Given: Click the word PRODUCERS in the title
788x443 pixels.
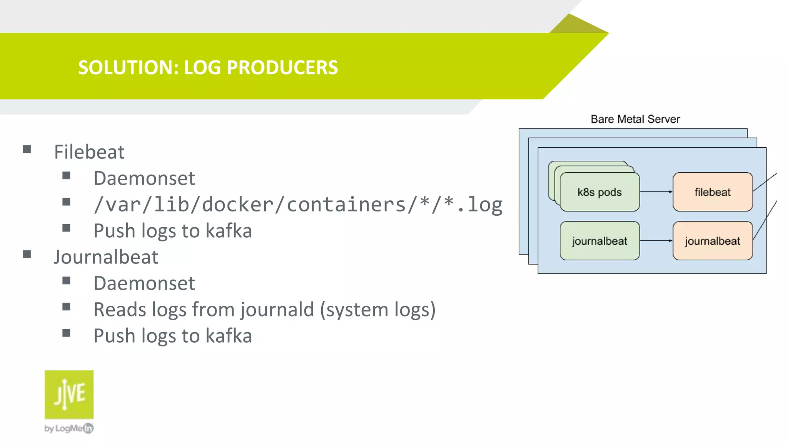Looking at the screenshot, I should click(x=282, y=68).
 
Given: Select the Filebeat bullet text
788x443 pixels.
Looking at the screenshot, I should click(x=89, y=152).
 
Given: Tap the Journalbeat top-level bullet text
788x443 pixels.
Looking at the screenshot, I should click(x=106, y=257).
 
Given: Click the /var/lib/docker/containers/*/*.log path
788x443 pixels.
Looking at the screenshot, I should click(x=298, y=205).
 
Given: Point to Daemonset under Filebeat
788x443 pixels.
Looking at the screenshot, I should click(x=144, y=178).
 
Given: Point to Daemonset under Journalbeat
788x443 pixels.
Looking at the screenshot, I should click(x=144, y=283).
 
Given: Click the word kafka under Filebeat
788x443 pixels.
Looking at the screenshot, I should click(x=229, y=231).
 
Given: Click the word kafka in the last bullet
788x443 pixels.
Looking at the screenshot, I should click(x=229, y=336).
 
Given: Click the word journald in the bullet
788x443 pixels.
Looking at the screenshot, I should click(x=277, y=310).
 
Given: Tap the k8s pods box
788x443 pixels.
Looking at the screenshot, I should click(x=599, y=192).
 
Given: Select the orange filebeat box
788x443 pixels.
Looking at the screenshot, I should click(x=712, y=192).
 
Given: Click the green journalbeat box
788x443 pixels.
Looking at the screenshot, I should click(x=599, y=241).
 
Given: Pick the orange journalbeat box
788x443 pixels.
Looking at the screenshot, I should click(x=712, y=241).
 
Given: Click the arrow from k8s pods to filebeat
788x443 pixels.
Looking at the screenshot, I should click(x=656, y=192).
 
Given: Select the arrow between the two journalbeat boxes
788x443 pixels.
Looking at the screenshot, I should click(x=656, y=241).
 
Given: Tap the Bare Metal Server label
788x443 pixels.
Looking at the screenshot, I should click(x=635, y=119).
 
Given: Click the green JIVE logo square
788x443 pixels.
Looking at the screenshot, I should click(x=69, y=394).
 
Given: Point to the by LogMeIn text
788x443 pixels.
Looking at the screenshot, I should click(x=68, y=428).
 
